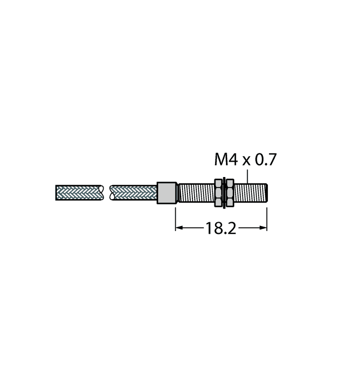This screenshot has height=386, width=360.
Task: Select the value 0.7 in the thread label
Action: click(x=264, y=160)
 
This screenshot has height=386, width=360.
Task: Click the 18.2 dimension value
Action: click(x=221, y=228)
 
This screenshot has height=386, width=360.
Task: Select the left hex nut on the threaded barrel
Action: click(x=218, y=193)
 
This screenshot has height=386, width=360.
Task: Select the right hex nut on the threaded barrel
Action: click(x=230, y=193)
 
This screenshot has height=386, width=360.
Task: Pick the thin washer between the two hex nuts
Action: click(x=224, y=193)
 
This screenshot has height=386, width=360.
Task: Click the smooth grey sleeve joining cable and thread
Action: click(x=166, y=193)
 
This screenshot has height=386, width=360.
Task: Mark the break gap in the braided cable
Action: click(x=107, y=193)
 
